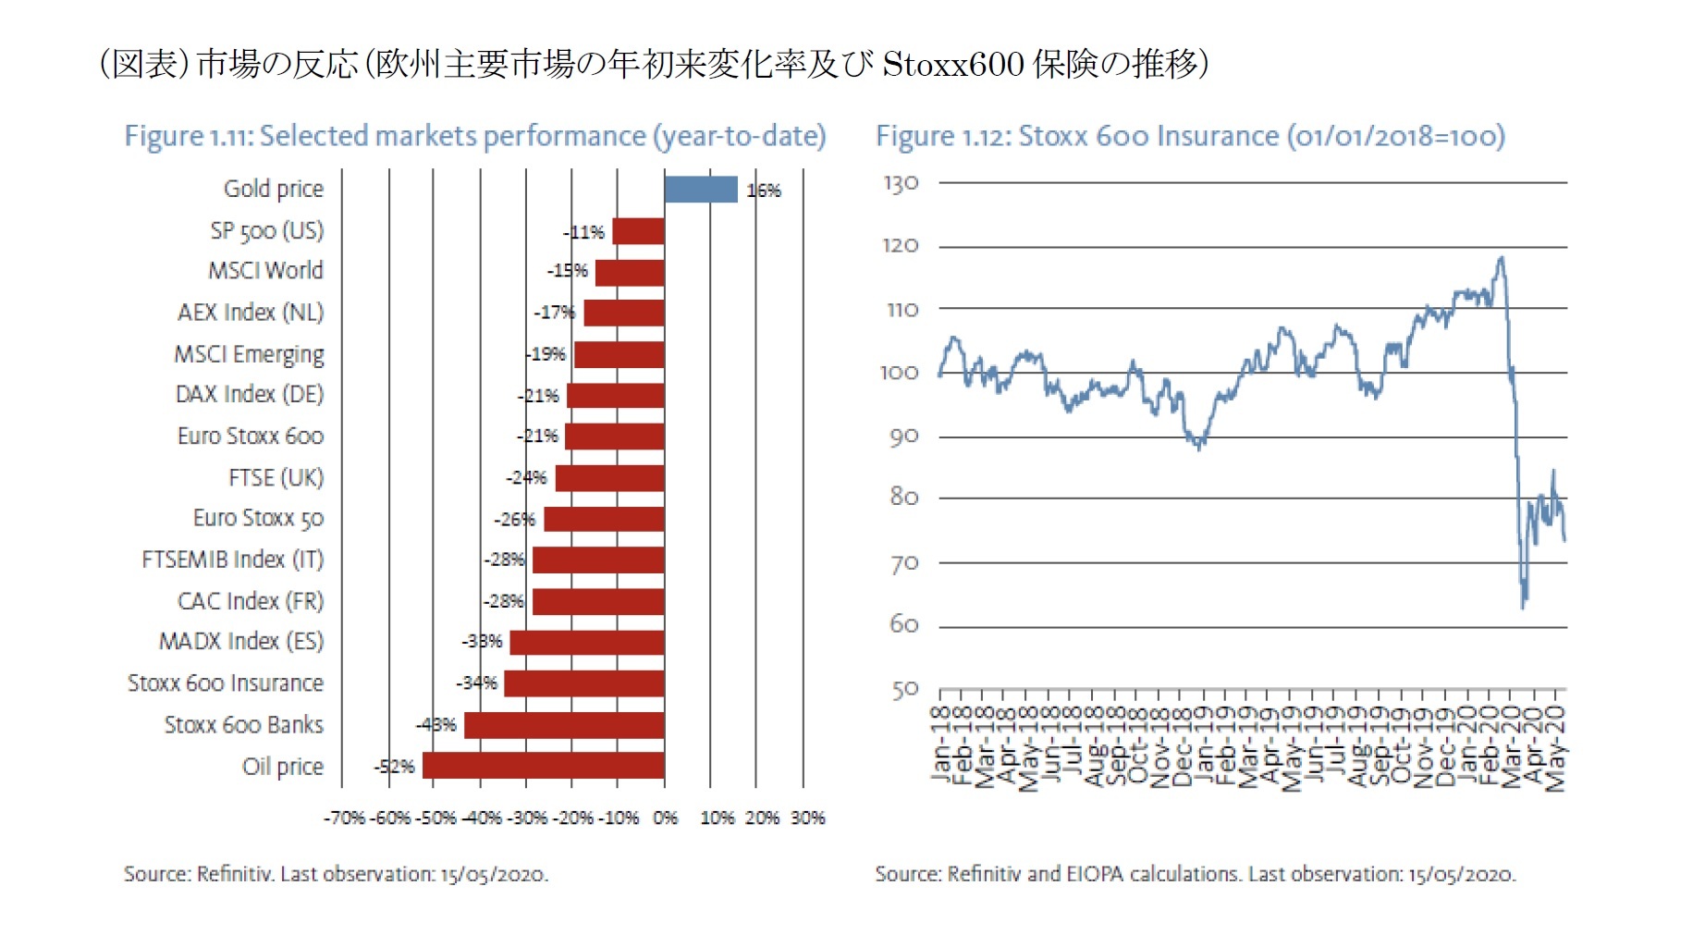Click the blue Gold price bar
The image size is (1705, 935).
[701, 190]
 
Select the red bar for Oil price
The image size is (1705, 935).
[543, 766]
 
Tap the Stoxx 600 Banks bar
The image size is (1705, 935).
[564, 725]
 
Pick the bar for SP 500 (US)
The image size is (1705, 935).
[638, 231]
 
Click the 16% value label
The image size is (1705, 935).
[764, 191]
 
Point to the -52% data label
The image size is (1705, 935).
[394, 767]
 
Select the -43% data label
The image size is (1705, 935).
[436, 725]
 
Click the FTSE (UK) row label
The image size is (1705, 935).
[276, 478]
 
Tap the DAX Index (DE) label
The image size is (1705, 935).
[250, 395]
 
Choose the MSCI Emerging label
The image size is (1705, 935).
[249, 354]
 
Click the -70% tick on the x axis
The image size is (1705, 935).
[344, 818]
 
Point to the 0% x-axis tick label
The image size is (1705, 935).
[665, 818]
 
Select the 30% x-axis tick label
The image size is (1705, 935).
[807, 818]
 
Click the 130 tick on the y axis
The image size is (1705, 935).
[901, 183]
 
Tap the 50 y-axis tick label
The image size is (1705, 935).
[904, 690]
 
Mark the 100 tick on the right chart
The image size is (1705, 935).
[899, 373]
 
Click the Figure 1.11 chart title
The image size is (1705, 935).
[475, 136]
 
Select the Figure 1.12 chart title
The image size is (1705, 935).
[1190, 136]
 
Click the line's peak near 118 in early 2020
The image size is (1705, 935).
[1500, 258]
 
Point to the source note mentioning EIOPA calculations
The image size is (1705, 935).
[1195, 874]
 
